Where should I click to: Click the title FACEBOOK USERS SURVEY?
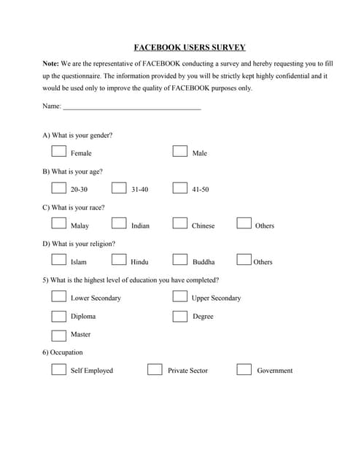[190, 47]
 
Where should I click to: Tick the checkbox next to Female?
[59, 152]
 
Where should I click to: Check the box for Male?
[180, 152]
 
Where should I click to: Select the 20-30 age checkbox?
[59, 188]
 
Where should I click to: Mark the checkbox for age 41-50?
[180, 188]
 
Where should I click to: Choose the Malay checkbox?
[59, 224]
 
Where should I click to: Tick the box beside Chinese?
[180, 224]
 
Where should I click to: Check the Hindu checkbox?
[119, 260]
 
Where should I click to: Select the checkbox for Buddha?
[180, 260]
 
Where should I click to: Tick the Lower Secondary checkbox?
[59, 297]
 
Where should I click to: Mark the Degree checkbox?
[180, 315]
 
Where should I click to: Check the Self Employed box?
[59, 369]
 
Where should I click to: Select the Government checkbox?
[244, 369]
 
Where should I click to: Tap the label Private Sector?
[187, 371]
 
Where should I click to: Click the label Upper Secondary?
[216, 298]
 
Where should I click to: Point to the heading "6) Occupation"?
[63, 352]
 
